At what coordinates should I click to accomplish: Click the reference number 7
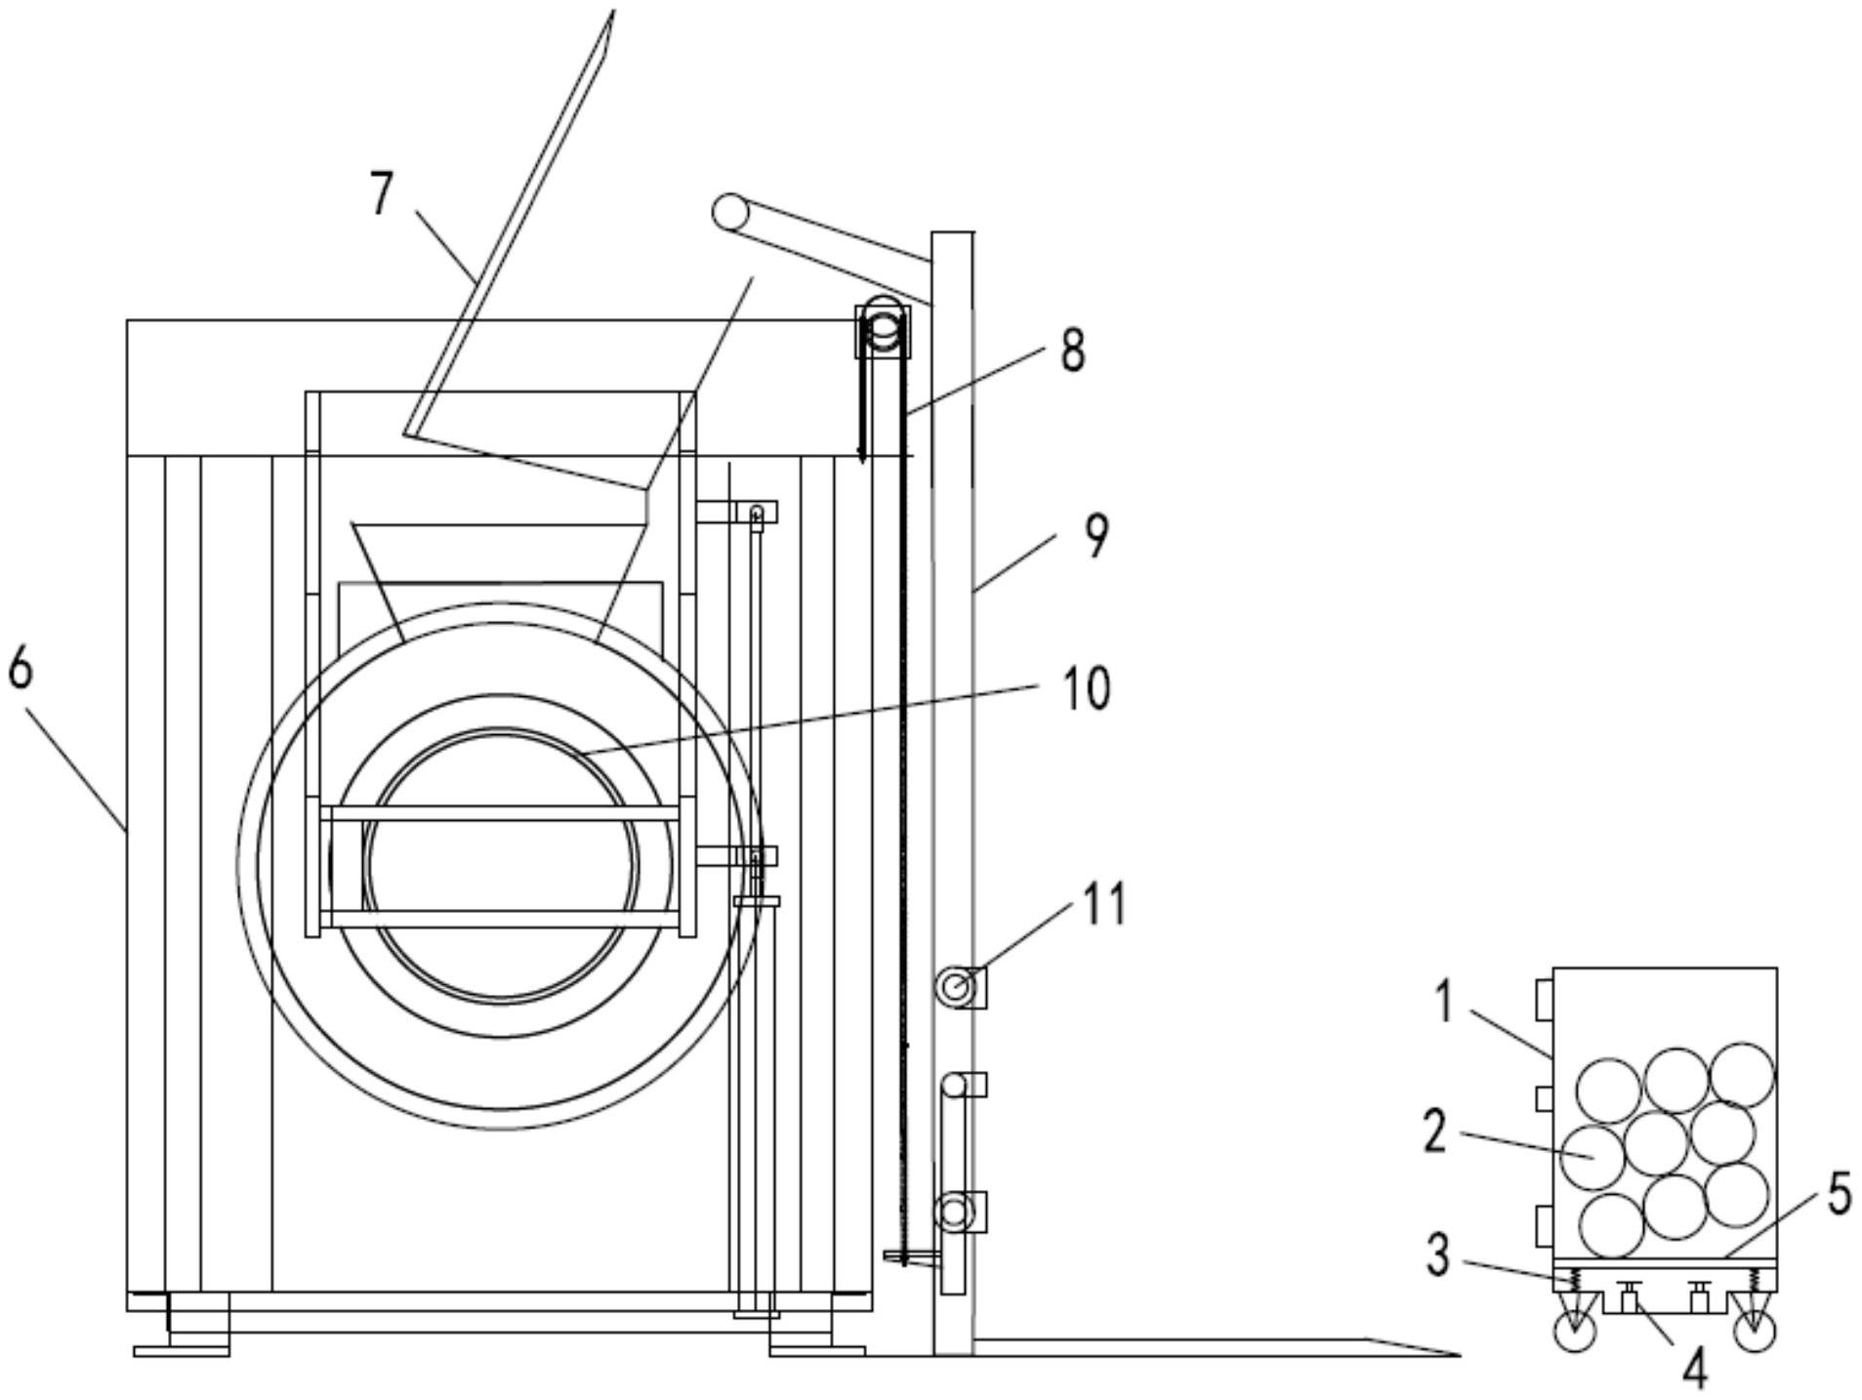382,192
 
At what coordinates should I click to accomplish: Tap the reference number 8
1072,350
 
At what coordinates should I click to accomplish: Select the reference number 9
1097,536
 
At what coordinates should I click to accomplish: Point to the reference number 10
1086,689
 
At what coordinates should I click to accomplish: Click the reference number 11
1105,904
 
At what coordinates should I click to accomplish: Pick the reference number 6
21,669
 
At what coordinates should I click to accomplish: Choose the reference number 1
1445,1003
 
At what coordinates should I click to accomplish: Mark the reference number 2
1433,1132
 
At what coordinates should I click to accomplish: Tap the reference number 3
1437,1255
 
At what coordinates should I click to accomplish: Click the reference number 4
1695,1368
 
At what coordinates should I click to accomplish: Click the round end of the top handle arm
728,211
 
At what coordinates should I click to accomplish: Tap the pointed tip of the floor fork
1457,1355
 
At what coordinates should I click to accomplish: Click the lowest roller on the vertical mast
954,1214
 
